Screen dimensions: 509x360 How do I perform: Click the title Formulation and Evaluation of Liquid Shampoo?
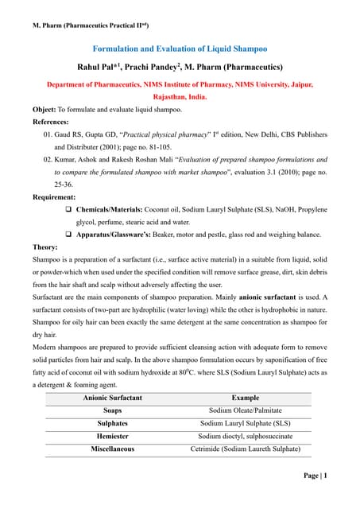(x=179, y=48)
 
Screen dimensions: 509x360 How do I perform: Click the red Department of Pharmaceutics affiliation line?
(x=180, y=84)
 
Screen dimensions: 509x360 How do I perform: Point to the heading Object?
(x=44, y=109)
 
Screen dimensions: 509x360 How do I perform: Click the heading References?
(x=52, y=122)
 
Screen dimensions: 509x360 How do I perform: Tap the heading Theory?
(x=45, y=247)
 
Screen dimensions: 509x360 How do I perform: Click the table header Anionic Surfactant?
(x=112, y=397)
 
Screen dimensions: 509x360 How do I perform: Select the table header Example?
(x=245, y=397)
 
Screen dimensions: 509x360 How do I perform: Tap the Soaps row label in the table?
(x=112, y=410)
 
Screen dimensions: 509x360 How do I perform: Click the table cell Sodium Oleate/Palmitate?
(x=245, y=410)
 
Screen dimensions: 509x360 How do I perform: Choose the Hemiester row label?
(x=112, y=436)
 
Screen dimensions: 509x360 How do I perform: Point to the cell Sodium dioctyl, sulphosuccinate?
(x=245, y=436)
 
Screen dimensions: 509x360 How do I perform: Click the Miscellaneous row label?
(x=112, y=449)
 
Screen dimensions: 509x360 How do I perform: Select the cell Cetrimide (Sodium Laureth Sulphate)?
(x=245, y=449)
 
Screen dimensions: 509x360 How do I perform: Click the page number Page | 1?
(x=315, y=476)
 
